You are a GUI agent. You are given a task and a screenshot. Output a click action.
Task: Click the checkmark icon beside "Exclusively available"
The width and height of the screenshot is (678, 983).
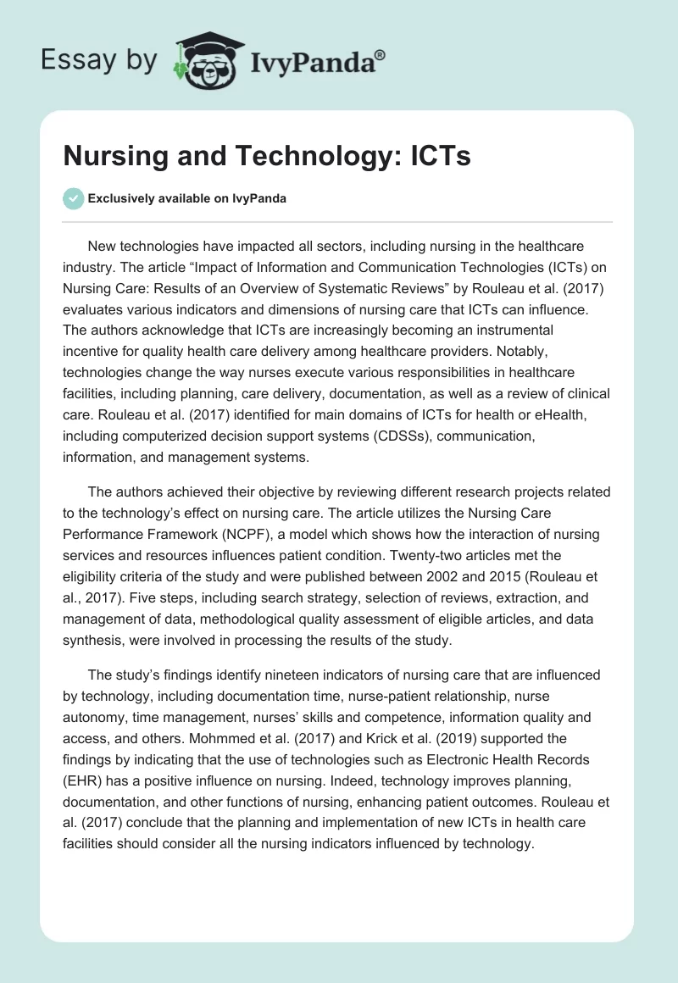(x=74, y=198)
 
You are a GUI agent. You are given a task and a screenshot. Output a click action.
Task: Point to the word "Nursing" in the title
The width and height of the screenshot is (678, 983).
(x=116, y=157)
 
